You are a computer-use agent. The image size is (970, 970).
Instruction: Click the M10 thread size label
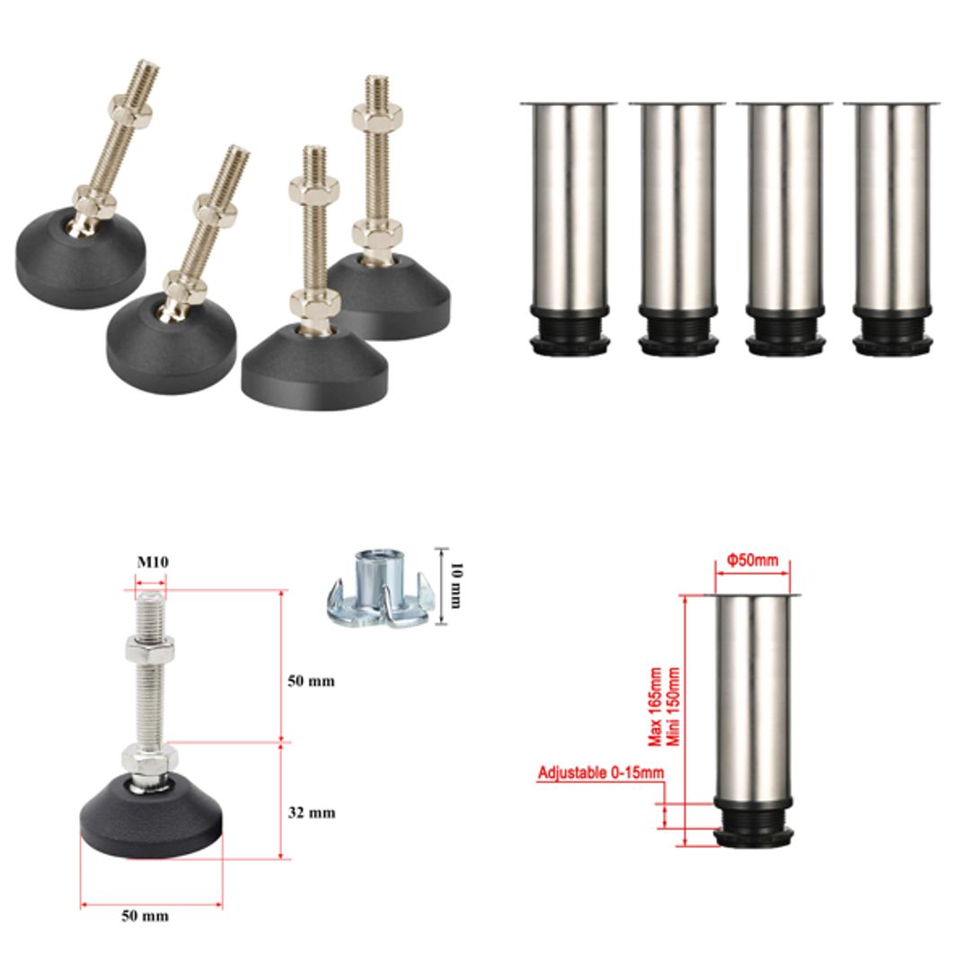click(153, 562)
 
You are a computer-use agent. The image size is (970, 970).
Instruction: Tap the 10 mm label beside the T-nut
click(455, 584)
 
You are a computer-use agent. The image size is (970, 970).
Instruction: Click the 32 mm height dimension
click(311, 813)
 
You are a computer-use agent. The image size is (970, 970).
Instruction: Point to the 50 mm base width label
click(145, 916)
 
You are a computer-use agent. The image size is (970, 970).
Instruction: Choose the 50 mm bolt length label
click(311, 681)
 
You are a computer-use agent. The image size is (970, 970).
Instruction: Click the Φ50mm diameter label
click(753, 560)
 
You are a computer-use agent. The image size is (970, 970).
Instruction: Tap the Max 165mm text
click(656, 706)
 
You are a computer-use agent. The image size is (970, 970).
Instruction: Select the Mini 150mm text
click(674, 706)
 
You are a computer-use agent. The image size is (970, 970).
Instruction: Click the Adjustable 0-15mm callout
click(601, 772)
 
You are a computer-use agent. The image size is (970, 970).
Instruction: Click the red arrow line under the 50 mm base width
click(151, 904)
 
